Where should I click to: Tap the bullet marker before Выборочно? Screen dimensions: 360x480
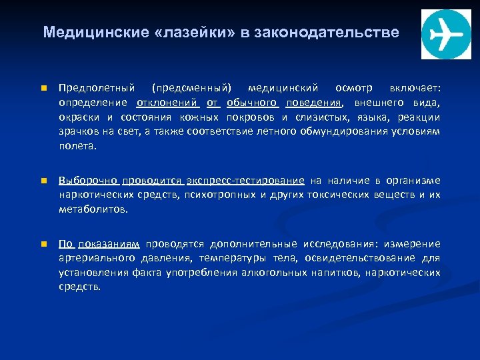41,181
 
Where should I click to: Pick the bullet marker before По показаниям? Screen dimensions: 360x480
41,244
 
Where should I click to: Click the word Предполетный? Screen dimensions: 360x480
97,89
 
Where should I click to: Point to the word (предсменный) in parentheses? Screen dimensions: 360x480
192,89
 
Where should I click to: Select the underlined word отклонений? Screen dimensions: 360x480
167,103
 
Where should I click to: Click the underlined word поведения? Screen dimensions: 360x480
314,103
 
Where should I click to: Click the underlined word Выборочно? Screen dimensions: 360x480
89,180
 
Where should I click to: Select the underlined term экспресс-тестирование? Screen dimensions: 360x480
245,180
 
